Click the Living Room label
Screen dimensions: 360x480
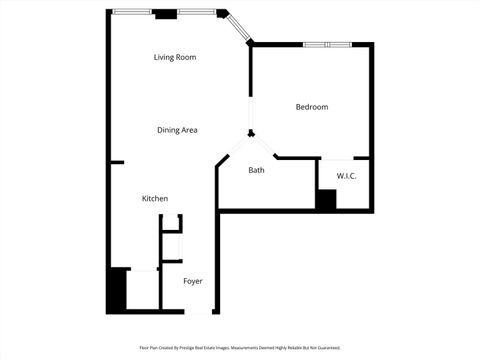pos(175,57)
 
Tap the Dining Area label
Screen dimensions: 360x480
pos(177,130)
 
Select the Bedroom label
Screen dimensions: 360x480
pos(311,107)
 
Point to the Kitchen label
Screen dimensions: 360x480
pos(155,199)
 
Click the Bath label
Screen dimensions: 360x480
pos(257,170)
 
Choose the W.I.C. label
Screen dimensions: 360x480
pos(347,176)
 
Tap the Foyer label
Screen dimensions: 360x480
pos(193,281)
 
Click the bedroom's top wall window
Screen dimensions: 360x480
pos(326,44)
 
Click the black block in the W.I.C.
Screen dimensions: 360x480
pos(326,198)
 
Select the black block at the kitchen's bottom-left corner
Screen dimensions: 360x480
pos(117,290)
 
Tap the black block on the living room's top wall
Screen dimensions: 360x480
pos(166,13)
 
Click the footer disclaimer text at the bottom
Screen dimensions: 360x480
pos(240,348)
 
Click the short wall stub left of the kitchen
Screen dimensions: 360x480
pos(117,162)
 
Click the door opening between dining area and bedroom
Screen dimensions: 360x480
pos(250,110)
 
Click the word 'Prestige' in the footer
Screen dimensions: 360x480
pos(192,348)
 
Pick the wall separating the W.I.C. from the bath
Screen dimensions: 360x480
pos(315,180)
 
